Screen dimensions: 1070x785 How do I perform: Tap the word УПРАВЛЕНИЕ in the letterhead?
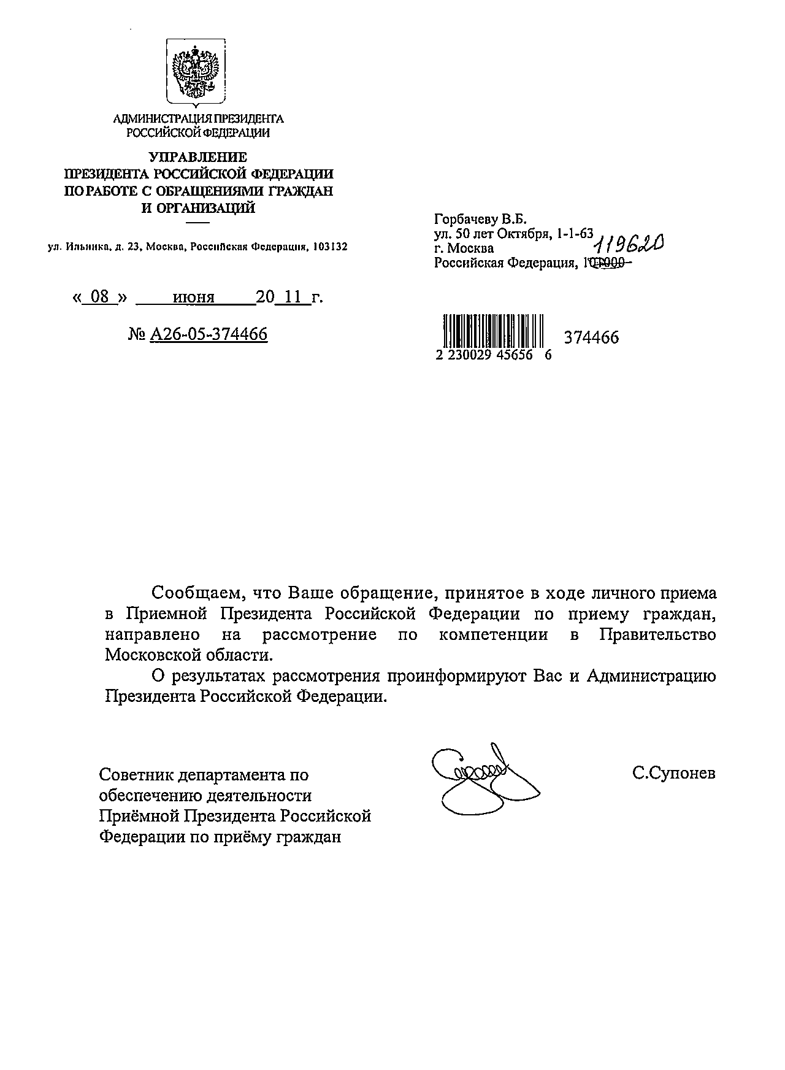199,158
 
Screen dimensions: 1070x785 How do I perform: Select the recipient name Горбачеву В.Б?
480,219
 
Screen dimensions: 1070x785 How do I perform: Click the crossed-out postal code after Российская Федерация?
603,263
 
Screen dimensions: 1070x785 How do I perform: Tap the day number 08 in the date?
99,298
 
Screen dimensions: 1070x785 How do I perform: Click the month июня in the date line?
194,298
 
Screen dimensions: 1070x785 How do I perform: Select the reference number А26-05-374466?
209,334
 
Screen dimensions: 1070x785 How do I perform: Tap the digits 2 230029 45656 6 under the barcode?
494,355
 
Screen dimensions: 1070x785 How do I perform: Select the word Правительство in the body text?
657,634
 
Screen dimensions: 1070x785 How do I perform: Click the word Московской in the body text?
150,655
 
